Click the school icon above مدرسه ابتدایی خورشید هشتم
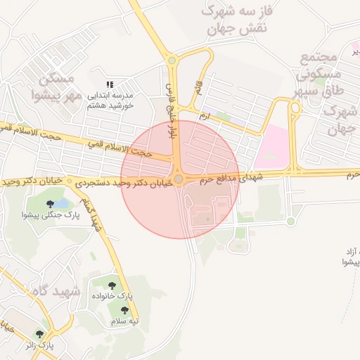pos(109,84)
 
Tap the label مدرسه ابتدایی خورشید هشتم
pos(110,101)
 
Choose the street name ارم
pos(205,115)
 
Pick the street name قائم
pos(198,89)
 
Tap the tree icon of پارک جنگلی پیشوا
pos(50,204)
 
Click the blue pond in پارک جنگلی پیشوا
pos(61,204)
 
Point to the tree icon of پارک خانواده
pos(111,285)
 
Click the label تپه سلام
pos(124,321)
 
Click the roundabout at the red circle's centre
pos(179,179)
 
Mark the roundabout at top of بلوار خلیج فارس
pos(172,60)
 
